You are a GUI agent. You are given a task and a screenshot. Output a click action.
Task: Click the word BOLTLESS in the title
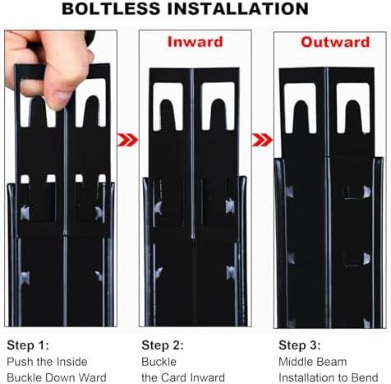tap(111, 8)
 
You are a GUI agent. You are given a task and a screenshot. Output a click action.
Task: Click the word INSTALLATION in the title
tap(238, 8)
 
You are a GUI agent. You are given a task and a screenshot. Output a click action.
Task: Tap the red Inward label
tap(195, 42)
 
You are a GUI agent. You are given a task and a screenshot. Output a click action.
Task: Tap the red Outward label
tap(335, 42)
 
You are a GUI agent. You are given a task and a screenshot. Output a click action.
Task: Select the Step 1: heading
tap(28, 345)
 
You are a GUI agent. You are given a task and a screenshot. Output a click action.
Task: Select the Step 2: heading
tap(163, 345)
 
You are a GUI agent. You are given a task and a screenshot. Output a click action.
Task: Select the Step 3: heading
tap(300, 345)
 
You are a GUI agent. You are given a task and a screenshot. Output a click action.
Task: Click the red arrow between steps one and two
tap(127, 140)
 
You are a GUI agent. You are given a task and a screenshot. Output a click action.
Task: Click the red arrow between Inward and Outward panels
tap(262, 140)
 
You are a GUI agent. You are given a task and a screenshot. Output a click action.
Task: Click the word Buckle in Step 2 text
tap(159, 362)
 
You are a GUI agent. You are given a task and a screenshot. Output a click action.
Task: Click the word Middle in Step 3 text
tap(295, 362)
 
